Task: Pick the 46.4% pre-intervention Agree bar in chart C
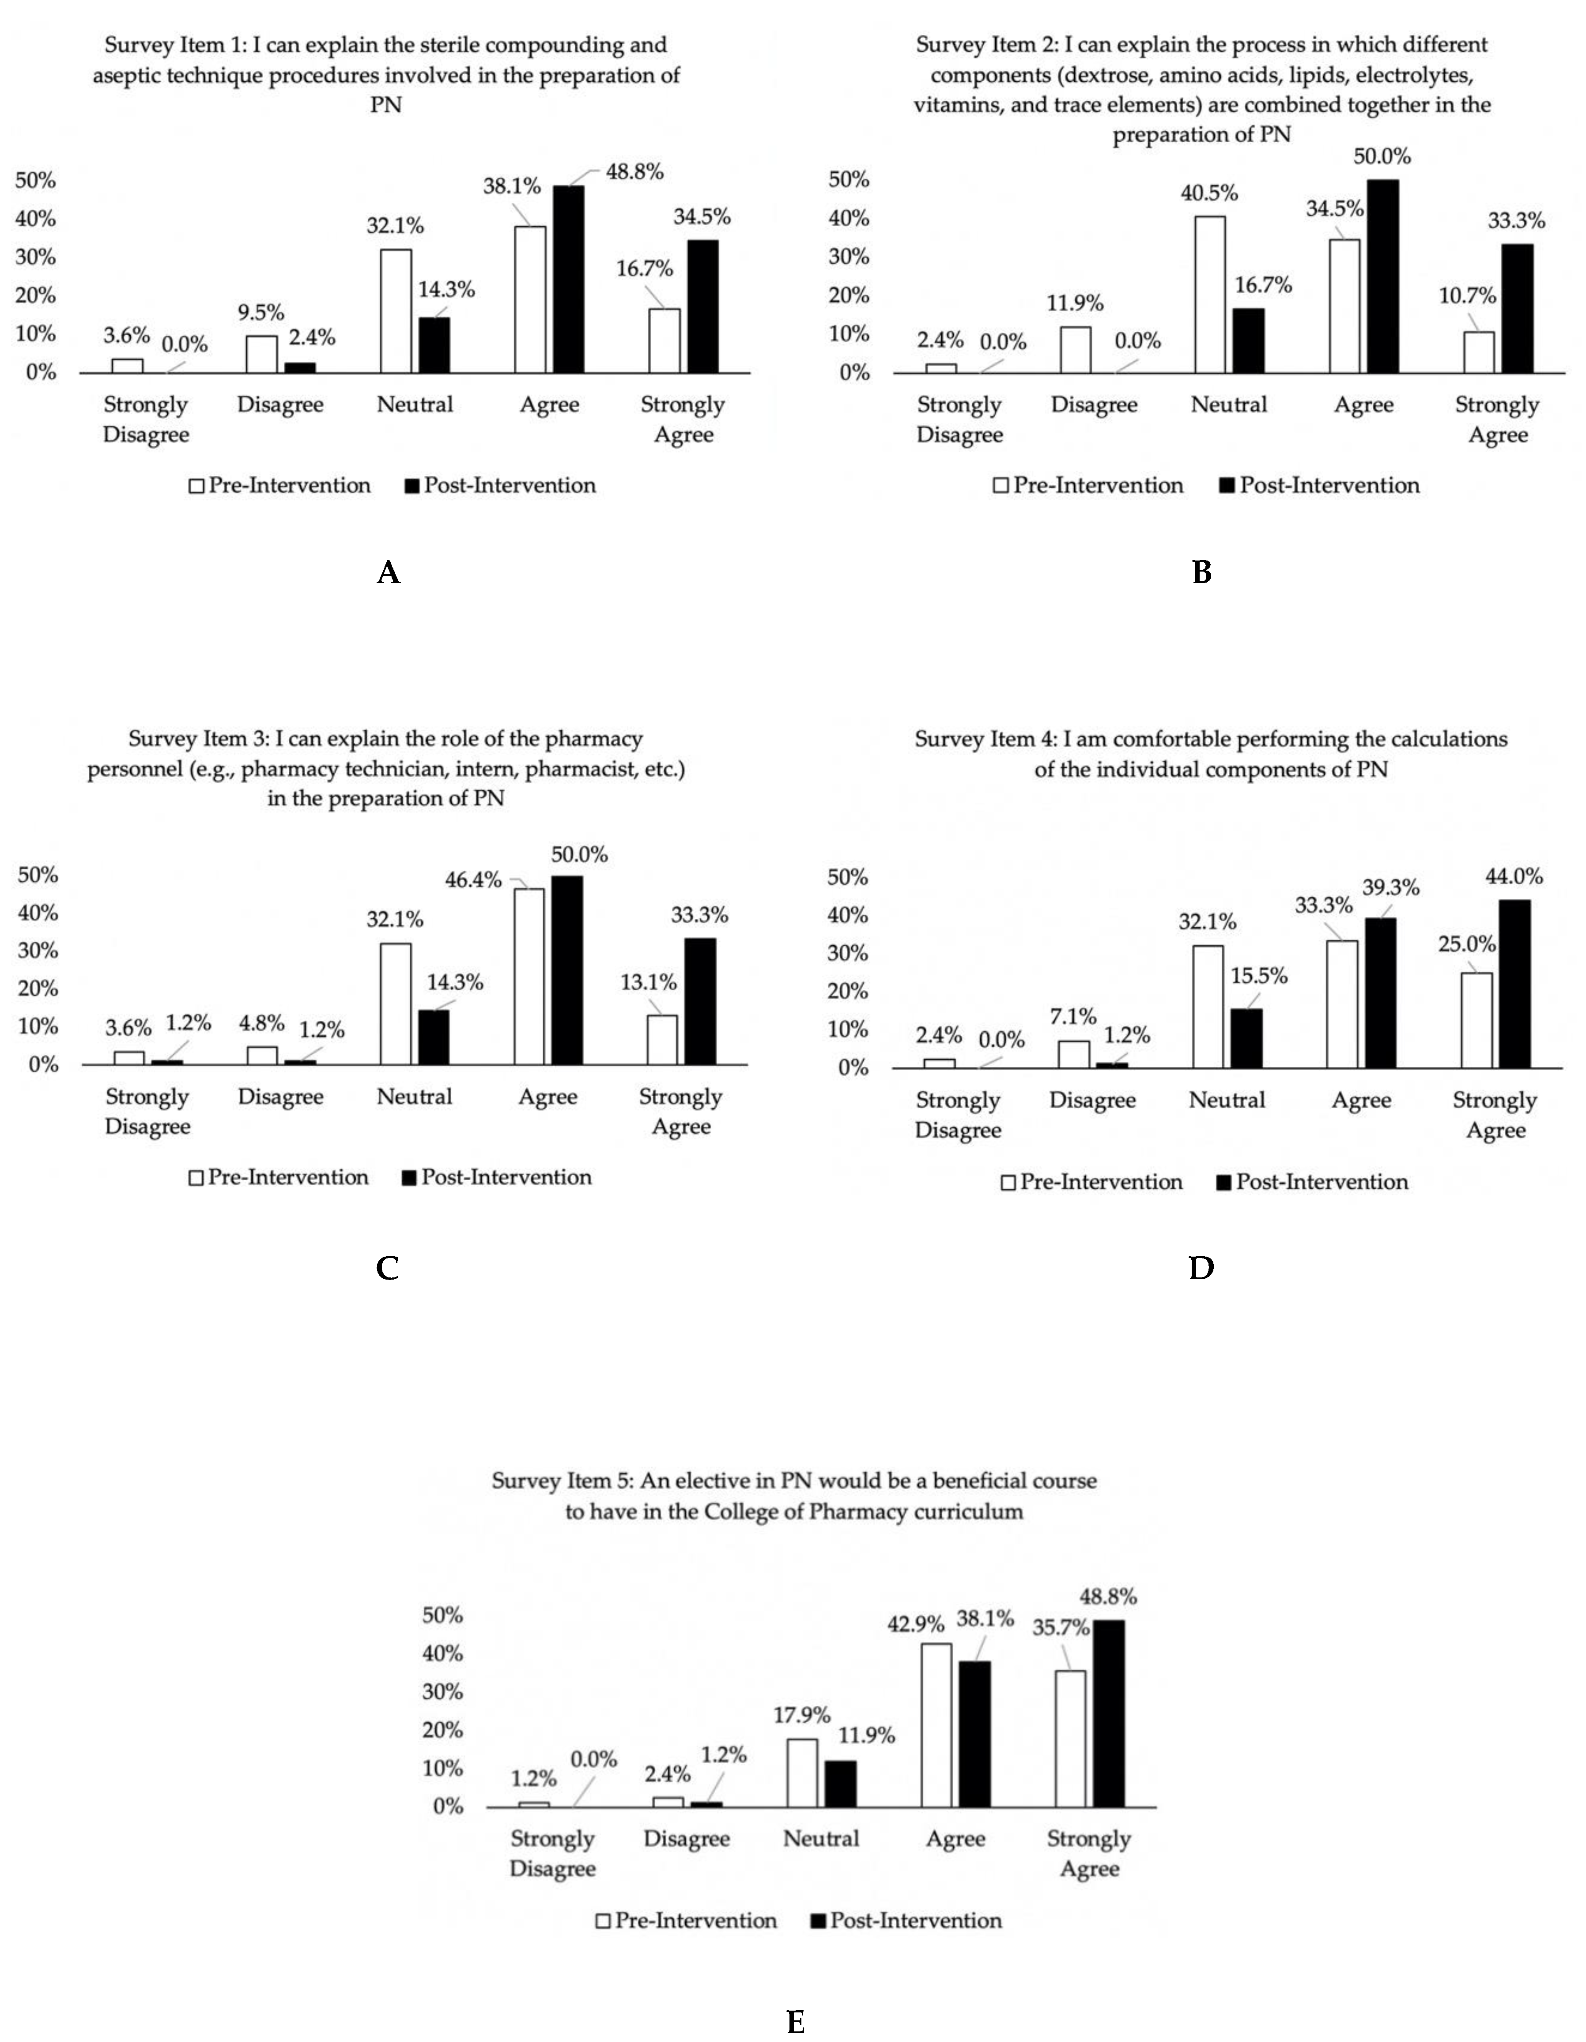(529, 976)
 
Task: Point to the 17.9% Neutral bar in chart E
(802, 1773)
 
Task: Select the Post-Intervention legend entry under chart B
(1320, 485)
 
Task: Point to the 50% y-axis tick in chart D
(849, 877)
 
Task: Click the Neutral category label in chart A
(415, 405)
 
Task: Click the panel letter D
(1201, 1268)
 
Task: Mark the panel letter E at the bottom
(795, 2023)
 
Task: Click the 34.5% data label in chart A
(702, 217)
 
